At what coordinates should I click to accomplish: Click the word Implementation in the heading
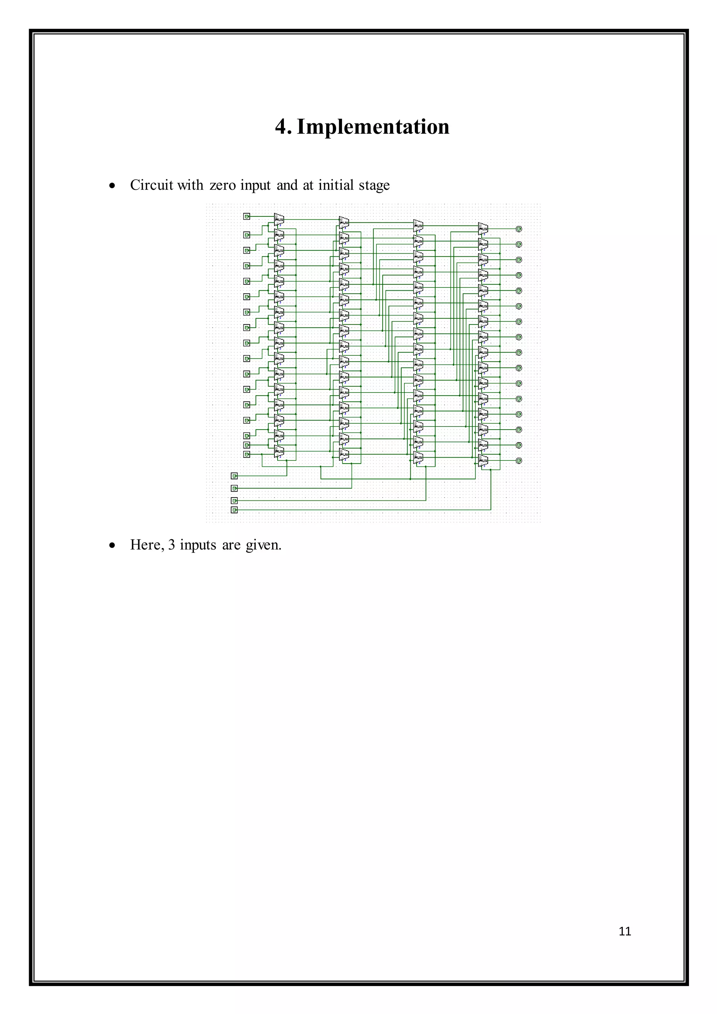click(x=373, y=127)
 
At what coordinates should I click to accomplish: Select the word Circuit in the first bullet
click(x=152, y=185)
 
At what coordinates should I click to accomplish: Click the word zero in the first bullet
click(x=223, y=185)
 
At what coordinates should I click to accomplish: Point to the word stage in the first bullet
click(x=374, y=185)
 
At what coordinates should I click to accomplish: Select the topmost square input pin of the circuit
click(x=247, y=216)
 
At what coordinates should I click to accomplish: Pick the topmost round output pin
click(x=519, y=229)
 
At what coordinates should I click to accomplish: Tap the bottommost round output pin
click(x=519, y=461)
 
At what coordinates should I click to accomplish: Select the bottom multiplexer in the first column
click(x=279, y=451)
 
